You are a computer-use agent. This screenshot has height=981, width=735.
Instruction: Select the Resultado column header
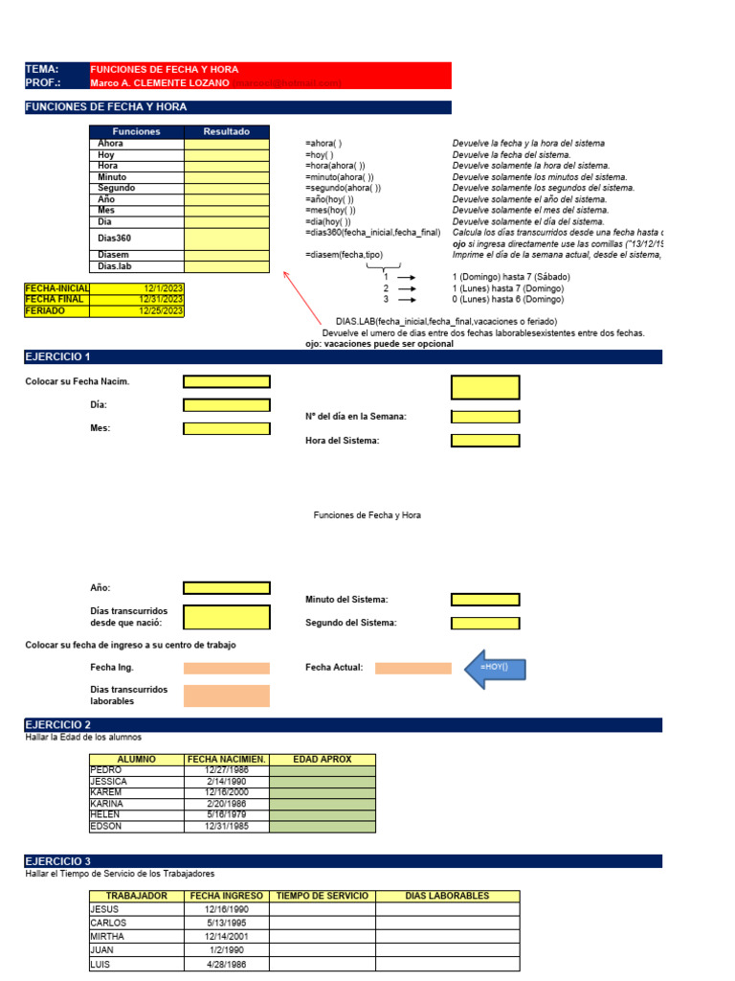click(227, 131)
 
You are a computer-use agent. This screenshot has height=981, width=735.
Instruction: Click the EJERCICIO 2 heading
click(58, 724)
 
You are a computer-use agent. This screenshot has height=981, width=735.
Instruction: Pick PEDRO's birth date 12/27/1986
click(226, 770)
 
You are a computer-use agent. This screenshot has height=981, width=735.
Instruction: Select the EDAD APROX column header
click(323, 760)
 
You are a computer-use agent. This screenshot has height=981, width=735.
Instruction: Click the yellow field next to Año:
click(227, 588)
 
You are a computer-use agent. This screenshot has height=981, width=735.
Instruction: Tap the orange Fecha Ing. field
click(227, 668)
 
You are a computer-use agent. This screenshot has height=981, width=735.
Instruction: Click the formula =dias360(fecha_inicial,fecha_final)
click(372, 232)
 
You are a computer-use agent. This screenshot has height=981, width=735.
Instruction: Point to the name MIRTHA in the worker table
click(107, 936)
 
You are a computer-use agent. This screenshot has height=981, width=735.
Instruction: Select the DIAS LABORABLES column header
click(447, 897)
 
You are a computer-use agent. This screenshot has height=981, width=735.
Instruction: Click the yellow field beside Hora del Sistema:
click(485, 441)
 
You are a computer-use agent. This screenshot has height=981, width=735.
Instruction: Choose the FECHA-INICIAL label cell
click(57, 288)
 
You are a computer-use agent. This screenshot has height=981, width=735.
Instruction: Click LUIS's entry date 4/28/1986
click(226, 964)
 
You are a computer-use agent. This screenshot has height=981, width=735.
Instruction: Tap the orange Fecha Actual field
click(413, 668)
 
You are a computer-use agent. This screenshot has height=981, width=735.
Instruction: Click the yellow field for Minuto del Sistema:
click(485, 600)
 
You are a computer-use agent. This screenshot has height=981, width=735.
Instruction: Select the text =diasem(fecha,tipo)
click(344, 254)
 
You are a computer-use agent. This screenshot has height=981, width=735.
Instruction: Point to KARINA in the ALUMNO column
click(107, 804)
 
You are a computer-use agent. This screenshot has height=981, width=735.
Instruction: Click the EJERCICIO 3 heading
click(58, 861)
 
